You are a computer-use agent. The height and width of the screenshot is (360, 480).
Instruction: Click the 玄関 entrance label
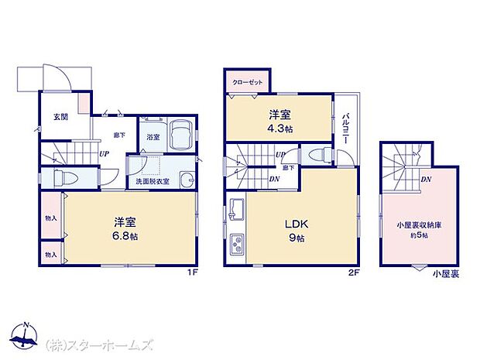pos(59,117)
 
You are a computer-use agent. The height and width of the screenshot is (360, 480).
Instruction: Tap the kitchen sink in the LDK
pos(237,209)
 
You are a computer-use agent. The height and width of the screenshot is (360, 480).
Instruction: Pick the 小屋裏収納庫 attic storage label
pos(418,225)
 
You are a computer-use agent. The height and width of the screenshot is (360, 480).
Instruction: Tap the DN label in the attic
pos(426,180)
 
